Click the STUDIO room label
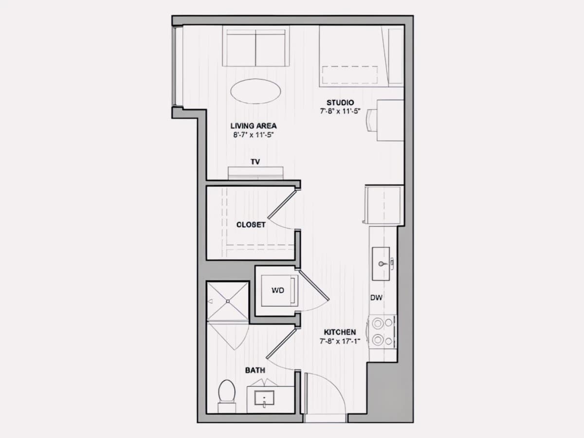pyautogui.click(x=340, y=103)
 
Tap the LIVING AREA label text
pyautogui.click(x=253, y=126)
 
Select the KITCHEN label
pyautogui.click(x=340, y=332)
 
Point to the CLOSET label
pyautogui.click(x=251, y=225)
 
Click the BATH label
pyautogui.click(x=255, y=370)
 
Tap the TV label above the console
pyautogui.click(x=255, y=162)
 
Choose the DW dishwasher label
pyautogui.click(x=376, y=298)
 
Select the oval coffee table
pyautogui.click(x=255, y=91)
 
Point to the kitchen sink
pyautogui.click(x=381, y=264)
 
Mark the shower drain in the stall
pyautogui.click(x=228, y=301)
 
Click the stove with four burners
pyautogui.click(x=383, y=331)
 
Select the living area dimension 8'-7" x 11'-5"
pyautogui.click(x=253, y=135)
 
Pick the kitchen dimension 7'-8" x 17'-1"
pyautogui.click(x=340, y=341)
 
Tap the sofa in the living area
pyautogui.click(x=255, y=46)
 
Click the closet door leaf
pyautogui.click(x=282, y=203)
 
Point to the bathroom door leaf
pyautogui.click(x=281, y=343)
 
